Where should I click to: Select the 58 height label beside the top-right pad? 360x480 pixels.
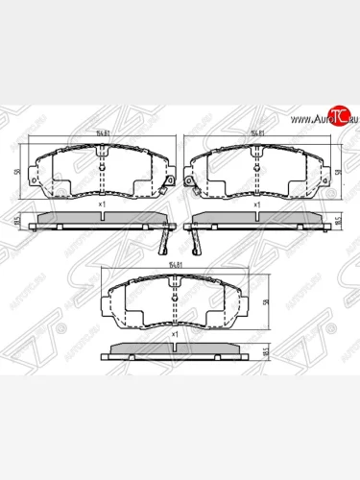click(x=343, y=173)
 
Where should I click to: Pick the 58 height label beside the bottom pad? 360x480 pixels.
click(x=265, y=300)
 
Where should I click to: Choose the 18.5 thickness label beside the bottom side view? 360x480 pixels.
click(x=265, y=352)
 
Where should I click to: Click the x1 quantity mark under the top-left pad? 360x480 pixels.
click(x=102, y=205)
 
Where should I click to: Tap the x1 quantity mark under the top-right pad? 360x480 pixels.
click(x=257, y=205)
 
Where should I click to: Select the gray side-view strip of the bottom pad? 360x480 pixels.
click(x=173, y=347)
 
